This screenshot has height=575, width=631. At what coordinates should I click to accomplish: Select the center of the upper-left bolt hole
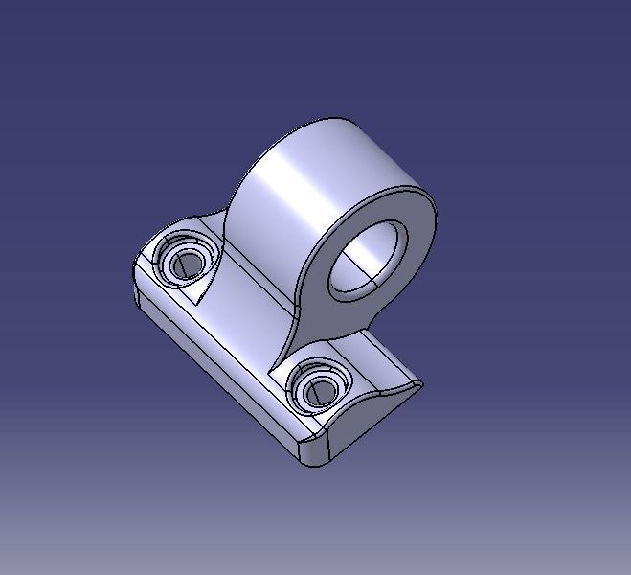pyautogui.click(x=186, y=263)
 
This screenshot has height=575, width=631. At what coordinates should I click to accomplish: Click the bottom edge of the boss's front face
pyautogui.click(x=316, y=331)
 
